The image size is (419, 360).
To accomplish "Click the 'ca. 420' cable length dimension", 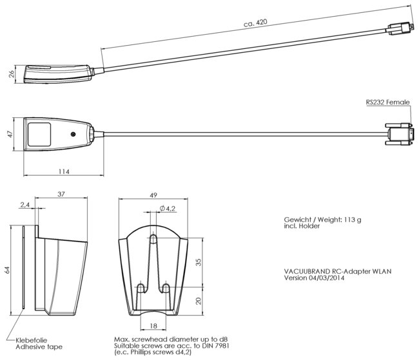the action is pos(255,23).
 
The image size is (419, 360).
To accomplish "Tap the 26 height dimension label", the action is pos(12,73).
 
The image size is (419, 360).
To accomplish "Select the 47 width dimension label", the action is pos(10,134).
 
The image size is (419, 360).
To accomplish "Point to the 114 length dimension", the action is pos(64,171).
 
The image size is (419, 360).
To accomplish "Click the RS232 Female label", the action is pos(387,102).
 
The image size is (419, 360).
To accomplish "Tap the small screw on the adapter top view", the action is pos(73,134).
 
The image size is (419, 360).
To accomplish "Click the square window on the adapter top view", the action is pos(39,135).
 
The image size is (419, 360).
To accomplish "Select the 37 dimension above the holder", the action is pos(61,194).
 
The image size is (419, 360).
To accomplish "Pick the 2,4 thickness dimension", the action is pos(24,205).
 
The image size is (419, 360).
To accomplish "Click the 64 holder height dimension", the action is pos(7,270).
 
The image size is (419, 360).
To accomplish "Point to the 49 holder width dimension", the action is pos(153,195).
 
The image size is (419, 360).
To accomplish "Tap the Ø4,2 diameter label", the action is pos(168,209).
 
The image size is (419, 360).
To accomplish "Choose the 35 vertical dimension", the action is pos(199,262).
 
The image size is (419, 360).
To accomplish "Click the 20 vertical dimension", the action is pos(199,301).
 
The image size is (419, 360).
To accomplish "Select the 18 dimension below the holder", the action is pos(153,326).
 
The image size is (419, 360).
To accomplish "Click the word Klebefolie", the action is pos(32,340).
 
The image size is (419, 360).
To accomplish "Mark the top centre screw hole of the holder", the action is pos(153,238).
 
